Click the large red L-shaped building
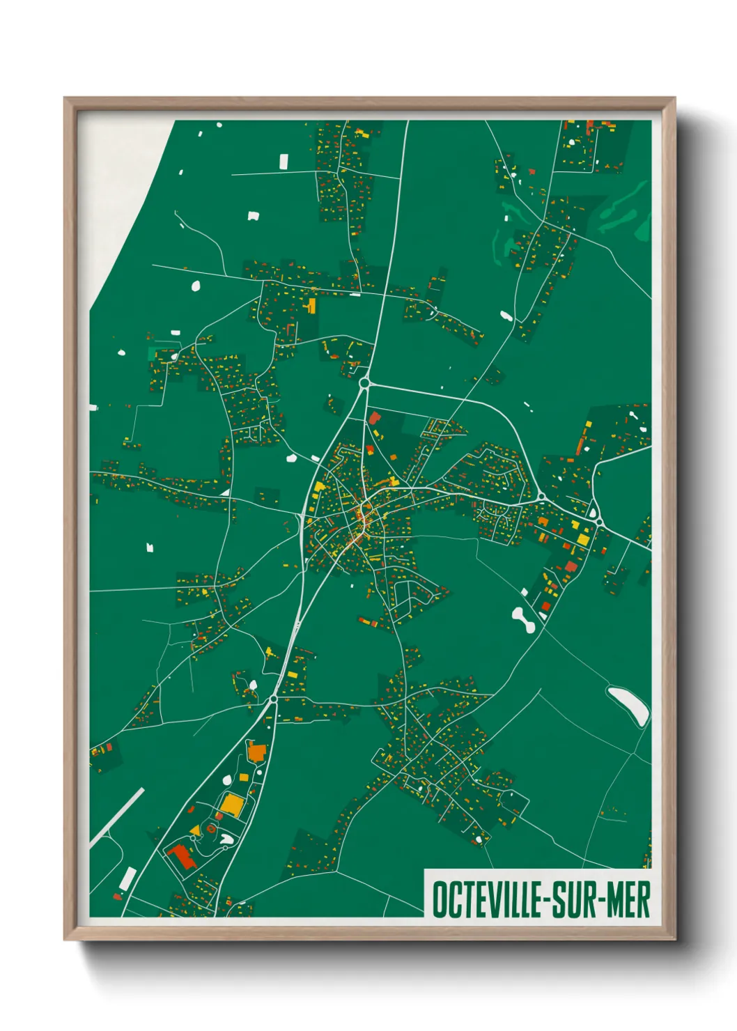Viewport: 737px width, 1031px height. point(180,856)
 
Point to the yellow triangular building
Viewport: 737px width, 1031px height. point(195,831)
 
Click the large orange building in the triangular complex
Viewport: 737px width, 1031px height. point(256,752)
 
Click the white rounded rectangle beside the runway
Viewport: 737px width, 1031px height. point(127,879)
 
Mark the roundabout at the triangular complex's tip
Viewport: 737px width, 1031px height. point(274,698)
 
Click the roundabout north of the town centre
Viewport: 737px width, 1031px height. point(364,382)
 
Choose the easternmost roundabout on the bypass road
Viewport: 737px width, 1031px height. point(598,520)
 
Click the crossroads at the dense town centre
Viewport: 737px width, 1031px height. point(363,515)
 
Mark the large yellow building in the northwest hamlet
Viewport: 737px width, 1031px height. point(311,306)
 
